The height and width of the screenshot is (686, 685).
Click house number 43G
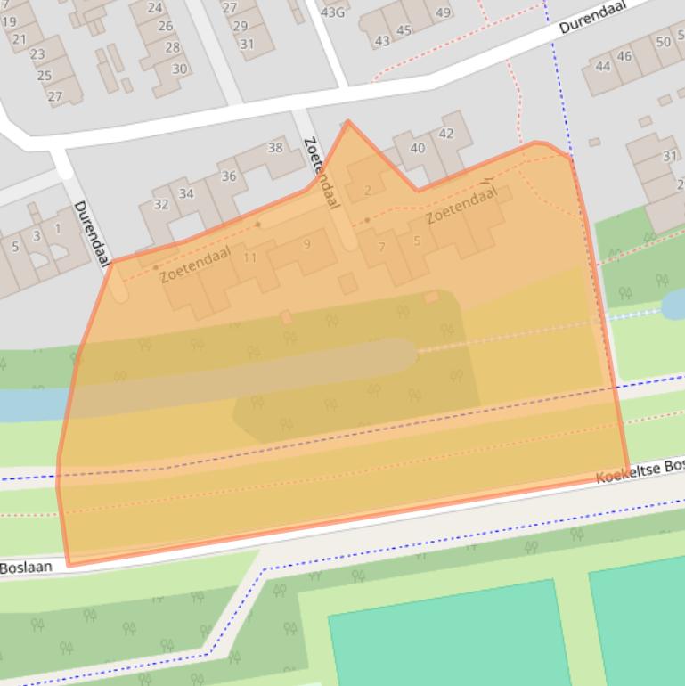coord(333,12)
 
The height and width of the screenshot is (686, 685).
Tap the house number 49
coord(444,12)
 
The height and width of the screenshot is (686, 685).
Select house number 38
coord(275,148)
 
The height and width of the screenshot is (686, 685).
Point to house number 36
coord(229,176)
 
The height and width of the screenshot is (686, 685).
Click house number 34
coord(186,193)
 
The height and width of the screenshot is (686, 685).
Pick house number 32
coord(161,204)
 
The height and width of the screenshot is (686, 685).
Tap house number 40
coord(417,148)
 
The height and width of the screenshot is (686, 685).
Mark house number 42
coord(446,134)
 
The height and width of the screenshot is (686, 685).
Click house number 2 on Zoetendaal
coord(368,190)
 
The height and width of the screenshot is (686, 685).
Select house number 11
coord(250,257)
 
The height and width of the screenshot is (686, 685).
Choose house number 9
coord(306,243)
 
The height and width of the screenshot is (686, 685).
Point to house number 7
coord(381,247)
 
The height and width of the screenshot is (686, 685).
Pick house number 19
coord(9,21)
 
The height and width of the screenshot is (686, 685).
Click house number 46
coord(624,56)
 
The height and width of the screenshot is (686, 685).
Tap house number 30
coord(179,69)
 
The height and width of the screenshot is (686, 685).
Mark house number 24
coord(155,7)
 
